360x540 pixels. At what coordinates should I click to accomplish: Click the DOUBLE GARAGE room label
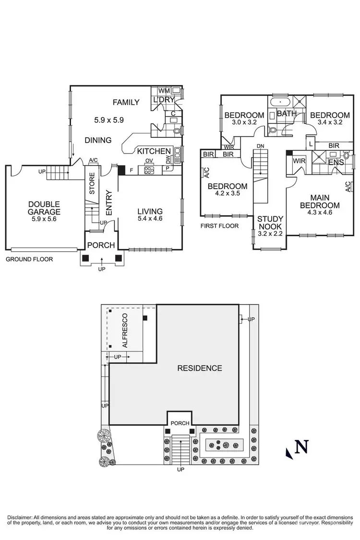43,207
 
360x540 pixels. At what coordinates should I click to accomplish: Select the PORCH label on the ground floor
101,245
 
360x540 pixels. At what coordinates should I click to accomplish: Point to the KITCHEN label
154,151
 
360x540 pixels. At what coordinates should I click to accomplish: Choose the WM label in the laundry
164,90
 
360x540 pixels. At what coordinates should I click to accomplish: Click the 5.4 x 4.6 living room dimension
150,220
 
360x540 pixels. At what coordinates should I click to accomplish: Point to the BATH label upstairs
287,114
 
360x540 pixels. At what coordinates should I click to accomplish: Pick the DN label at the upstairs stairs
261,145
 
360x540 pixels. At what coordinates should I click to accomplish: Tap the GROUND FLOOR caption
29,259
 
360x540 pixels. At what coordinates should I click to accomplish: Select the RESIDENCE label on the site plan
200,368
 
